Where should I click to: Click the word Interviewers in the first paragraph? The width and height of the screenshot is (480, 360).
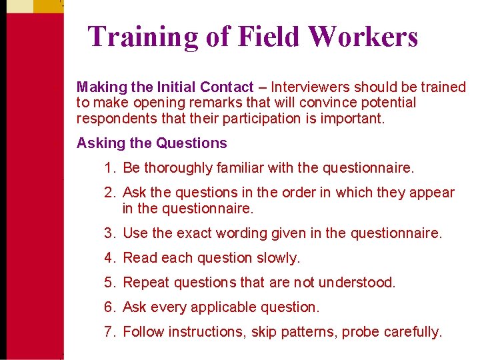point(310,87)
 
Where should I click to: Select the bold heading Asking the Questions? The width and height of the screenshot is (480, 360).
point(152,143)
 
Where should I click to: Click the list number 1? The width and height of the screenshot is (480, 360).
point(109,168)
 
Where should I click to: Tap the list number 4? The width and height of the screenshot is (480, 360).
point(109,257)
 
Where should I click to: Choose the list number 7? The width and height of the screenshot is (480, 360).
point(109,331)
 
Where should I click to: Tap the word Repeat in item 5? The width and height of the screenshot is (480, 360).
point(147,282)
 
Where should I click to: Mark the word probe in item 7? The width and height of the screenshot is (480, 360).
point(359,331)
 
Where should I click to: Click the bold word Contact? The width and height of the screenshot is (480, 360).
point(227,87)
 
